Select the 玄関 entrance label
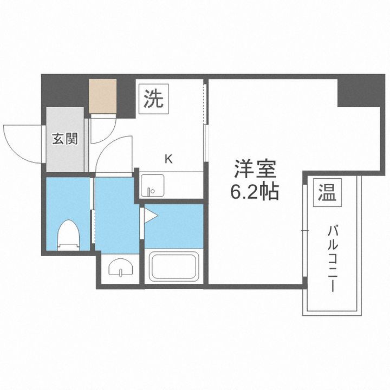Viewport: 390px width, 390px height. click(x=65, y=139)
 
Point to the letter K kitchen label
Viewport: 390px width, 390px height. click(x=168, y=159)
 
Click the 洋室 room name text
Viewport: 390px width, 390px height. click(x=255, y=170)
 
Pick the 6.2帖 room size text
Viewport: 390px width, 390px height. click(x=255, y=192)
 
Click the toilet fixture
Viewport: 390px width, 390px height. click(x=68, y=234)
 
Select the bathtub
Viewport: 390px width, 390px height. click(x=173, y=266)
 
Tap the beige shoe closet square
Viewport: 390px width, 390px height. click(x=103, y=96)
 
